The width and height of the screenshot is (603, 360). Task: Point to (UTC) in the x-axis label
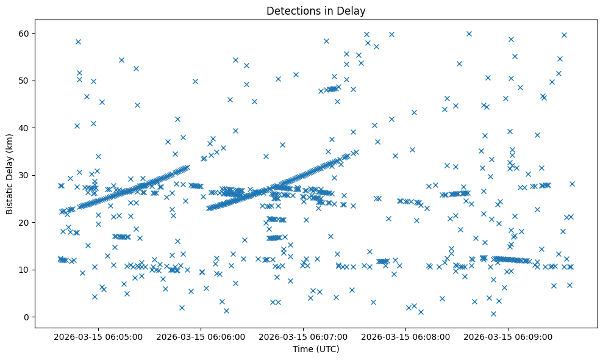pyautogui.click(x=327, y=350)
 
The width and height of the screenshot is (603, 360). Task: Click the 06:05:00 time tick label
pyautogui.click(x=98, y=336)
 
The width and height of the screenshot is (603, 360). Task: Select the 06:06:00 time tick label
pyautogui.click(x=201, y=336)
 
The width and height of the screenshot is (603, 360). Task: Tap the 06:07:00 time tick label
pyautogui.click(x=304, y=336)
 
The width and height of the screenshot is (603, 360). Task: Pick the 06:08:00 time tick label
pyautogui.click(x=406, y=336)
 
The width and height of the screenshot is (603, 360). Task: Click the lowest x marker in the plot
pyautogui.click(x=493, y=314)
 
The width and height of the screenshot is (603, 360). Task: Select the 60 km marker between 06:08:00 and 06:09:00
pyautogui.click(x=469, y=34)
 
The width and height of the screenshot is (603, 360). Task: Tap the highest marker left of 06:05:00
pyautogui.click(x=78, y=41)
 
